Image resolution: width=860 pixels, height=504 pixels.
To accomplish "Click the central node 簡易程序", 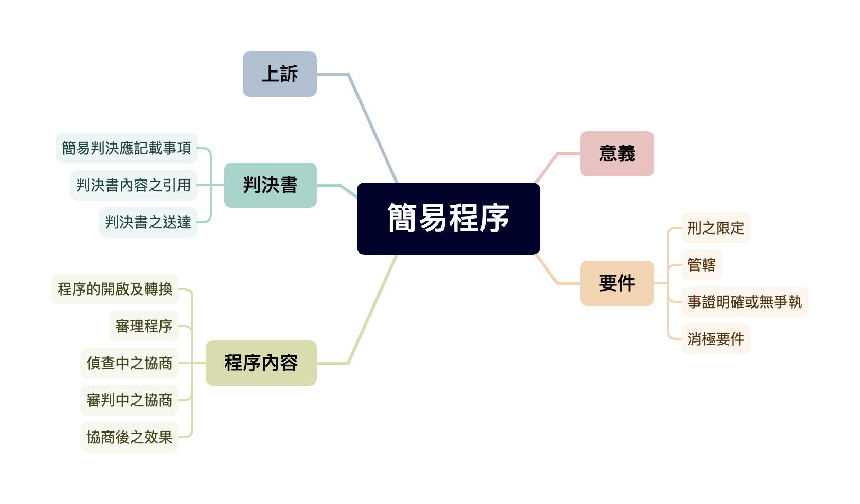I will pyautogui.click(x=448, y=218).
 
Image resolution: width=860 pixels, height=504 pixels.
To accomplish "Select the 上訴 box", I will pyautogui.click(x=279, y=74).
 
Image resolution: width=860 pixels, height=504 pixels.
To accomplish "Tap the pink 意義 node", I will pyautogui.click(x=617, y=154).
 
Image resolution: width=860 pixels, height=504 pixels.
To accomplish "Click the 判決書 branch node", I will pyautogui.click(x=270, y=185).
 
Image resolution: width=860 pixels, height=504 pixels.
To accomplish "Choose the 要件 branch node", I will pyautogui.click(x=617, y=283).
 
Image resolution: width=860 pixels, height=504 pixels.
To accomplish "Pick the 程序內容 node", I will pyautogui.click(x=261, y=363).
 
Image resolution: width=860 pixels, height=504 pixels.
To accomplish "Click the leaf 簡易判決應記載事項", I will pyautogui.click(x=127, y=148).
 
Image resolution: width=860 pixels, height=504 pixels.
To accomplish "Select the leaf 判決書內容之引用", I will pyautogui.click(x=134, y=185).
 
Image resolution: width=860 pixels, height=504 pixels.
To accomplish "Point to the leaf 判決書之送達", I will pyautogui.click(x=148, y=222).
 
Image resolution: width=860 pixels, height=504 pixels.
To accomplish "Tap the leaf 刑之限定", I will pyautogui.click(x=715, y=228).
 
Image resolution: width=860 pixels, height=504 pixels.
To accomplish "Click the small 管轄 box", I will pyautogui.click(x=701, y=265).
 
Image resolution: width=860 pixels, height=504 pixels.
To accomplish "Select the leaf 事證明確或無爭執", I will pyautogui.click(x=744, y=302).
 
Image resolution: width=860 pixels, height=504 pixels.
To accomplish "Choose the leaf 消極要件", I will pyautogui.click(x=715, y=339).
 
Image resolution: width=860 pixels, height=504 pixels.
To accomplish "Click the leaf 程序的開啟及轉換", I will pyautogui.click(x=115, y=289).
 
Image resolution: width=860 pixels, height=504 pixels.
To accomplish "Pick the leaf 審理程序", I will pyautogui.click(x=144, y=326).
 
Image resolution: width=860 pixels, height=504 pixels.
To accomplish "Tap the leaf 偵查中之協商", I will pyautogui.click(x=130, y=363).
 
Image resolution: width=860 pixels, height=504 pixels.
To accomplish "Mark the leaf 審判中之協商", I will pyautogui.click(x=130, y=400).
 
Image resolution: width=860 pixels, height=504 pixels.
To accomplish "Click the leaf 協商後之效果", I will pyautogui.click(x=130, y=437).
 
